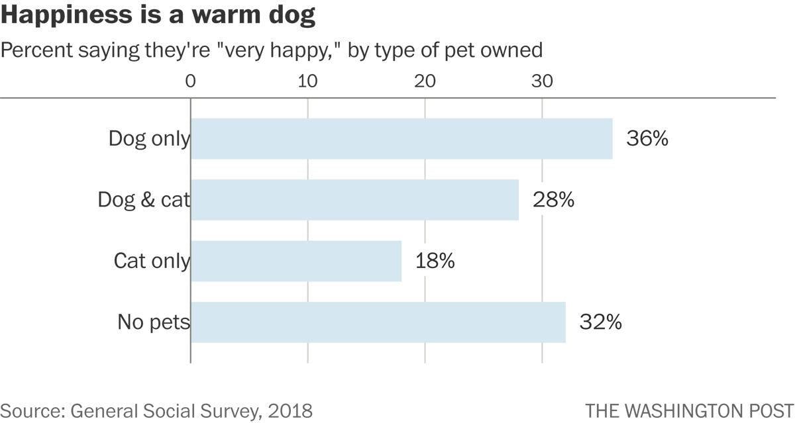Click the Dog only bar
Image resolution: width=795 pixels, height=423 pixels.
pyautogui.click(x=401, y=139)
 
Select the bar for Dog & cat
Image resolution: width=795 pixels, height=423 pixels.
pyautogui.click(x=354, y=200)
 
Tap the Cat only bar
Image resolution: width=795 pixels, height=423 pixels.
pyautogui.click(x=296, y=261)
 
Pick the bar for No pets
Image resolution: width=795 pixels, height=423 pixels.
pyautogui.click(x=378, y=322)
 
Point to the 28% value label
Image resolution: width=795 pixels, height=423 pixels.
pyautogui.click(x=553, y=200)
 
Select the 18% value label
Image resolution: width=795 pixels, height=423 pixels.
pyautogui.click(x=435, y=261)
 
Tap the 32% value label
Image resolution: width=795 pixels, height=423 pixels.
pyautogui.click(x=600, y=322)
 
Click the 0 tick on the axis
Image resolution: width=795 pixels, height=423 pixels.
pyautogui.click(x=191, y=81)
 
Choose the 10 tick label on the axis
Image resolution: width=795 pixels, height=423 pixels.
pyautogui.click(x=307, y=81)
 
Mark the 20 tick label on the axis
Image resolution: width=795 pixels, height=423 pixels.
pyautogui.click(x=425, y=81)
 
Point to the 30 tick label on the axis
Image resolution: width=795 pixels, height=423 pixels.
pyautogui.click(x=542, y=81)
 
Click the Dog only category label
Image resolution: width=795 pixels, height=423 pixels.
pyautogui.click(x=149, y=139)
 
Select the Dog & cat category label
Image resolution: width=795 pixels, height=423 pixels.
pyautogui.click(x=144, y=200)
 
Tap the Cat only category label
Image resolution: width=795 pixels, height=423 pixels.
pyautogui.click(x=152, y=261)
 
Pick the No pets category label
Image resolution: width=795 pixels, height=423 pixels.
pyautogui.click(x=154, y=322)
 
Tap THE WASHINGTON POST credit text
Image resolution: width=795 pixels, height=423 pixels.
pyautogui.click(x=689, y=410)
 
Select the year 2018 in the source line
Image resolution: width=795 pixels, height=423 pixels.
pyautogui.click(x=290, y=410)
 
